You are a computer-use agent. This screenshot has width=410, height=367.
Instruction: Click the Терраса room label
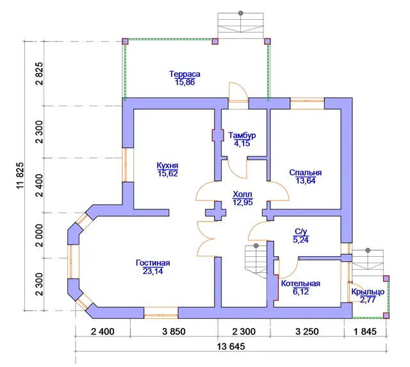point(184,74)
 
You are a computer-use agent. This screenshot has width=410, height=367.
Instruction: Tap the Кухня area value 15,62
point(168,174)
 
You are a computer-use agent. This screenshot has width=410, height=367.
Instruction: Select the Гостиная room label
point(153,263)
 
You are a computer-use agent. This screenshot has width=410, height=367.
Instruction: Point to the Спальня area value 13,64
point(306,181)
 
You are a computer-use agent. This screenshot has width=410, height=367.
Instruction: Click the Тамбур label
point(242,135)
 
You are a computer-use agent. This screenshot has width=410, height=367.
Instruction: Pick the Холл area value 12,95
point(243,202)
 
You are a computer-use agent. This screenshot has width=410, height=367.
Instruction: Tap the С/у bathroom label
point(300,232)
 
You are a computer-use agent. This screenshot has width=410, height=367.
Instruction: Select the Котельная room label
point(300,284)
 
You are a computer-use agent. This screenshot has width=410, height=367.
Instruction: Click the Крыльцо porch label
point(368,291)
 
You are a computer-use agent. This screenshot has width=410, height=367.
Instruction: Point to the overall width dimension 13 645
point(231,347)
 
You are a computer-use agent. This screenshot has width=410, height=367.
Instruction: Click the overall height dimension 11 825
point(20,175)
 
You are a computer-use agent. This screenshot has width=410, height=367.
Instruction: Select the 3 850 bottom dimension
point(174,332)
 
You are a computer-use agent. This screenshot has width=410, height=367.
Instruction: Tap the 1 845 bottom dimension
point(365,332)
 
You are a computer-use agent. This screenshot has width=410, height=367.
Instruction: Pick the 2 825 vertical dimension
point(39,74)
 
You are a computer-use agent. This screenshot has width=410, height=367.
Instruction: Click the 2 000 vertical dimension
point(39,235)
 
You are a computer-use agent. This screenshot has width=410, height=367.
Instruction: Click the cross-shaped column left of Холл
point(215,211)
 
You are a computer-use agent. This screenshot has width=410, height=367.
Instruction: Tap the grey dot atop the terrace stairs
point(241,13)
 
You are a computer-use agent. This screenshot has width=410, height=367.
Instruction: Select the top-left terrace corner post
point(126,41)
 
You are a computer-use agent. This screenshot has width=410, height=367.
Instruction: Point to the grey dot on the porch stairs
point(368,250)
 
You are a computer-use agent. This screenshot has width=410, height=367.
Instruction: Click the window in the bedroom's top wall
point(307,104)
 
